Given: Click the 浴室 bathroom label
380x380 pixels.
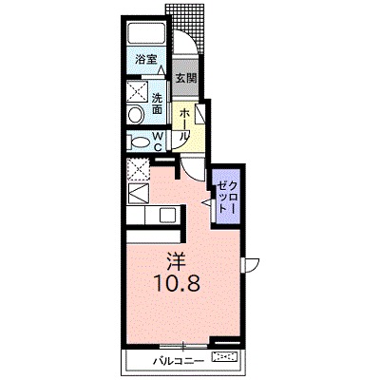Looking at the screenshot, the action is (146, 59).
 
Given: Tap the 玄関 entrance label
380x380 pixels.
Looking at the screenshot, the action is (186, 78).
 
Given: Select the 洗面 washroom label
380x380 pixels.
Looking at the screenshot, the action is (157, 104).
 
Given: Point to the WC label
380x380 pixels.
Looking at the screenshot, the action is (159, 142).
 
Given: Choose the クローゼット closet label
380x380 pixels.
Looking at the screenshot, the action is (227, 197).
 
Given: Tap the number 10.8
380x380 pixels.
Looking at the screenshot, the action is (177, 284).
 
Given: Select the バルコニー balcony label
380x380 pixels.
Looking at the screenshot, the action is (178, 361).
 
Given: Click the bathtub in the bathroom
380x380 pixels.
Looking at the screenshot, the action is (146, 33).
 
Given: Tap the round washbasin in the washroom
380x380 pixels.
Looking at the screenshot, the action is (136, 114).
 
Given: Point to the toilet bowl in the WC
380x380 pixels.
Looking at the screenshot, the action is (141, 142).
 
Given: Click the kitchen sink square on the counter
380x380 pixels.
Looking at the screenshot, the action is (166, 215).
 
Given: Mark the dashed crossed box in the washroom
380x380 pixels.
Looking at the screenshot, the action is (138, 92).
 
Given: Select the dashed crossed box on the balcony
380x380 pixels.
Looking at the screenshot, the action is (226, 357).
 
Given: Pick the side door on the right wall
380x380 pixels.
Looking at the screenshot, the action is (250, 265).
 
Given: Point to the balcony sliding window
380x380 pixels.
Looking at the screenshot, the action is (183, 346).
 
